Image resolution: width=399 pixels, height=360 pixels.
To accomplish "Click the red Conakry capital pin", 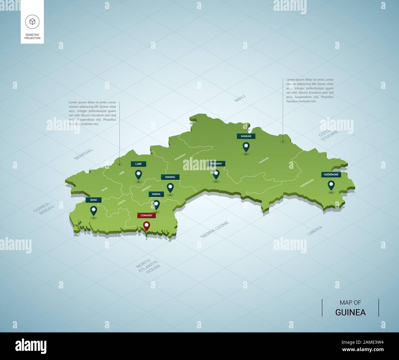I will [147, 226].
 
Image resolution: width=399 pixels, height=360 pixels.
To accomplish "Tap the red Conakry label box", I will [146, 215].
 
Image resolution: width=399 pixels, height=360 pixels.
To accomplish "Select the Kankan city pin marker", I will [246, 147].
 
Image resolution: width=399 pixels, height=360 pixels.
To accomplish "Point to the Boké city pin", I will [93, 211].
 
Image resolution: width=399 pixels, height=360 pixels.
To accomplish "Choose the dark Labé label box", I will [138, 164].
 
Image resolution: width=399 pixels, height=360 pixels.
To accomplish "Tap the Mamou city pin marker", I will [170, 188].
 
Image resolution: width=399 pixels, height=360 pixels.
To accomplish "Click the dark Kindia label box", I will [156, 194].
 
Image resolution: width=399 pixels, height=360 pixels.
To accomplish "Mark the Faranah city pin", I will [216, 174].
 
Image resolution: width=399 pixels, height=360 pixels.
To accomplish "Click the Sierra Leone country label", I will [215, 229].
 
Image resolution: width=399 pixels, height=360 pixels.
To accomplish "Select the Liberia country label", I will [315, 230].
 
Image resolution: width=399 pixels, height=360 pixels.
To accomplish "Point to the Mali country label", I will [240, 98].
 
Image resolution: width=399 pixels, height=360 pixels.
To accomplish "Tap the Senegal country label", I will [83, 154].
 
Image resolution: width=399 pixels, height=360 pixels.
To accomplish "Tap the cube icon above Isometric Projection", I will [32, 21].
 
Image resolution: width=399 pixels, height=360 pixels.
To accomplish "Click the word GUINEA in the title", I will [350, 312].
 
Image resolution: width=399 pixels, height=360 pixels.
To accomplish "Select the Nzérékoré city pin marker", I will [331, 185].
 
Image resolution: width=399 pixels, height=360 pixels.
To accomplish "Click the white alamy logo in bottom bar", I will [31, 346].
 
